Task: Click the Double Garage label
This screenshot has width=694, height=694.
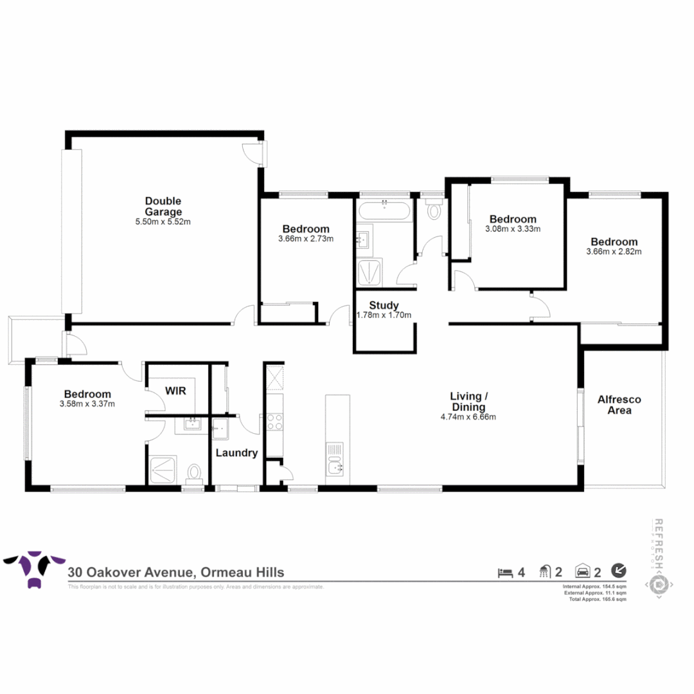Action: (163, 206)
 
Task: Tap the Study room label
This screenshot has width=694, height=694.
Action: (384, 305)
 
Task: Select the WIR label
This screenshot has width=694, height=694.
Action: (176, 391)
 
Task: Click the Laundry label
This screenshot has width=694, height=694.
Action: (236, 452)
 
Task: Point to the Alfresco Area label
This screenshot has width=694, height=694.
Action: (619, 404)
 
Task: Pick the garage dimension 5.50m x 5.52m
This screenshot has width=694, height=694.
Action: (163, 222)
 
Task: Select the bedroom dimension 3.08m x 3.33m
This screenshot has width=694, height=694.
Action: (512, 229)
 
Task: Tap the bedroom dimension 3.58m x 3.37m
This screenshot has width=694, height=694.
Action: (87, 404)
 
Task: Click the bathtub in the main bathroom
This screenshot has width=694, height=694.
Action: (384, 210)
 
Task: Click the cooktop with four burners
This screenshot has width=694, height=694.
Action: (275, 422)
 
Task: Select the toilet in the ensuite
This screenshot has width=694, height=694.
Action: (193, 473)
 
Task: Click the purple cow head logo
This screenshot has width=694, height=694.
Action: (35, 567)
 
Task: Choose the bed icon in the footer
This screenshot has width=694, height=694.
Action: (504, 571)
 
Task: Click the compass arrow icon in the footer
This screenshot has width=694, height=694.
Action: (619, 570)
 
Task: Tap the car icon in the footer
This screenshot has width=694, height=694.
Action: (583, 571)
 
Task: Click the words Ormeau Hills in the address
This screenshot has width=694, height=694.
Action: (242, 572)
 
